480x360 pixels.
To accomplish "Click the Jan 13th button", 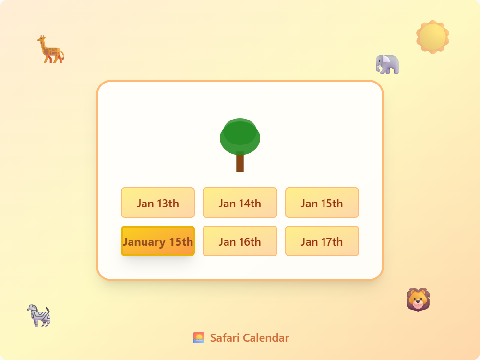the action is tap(158, 203).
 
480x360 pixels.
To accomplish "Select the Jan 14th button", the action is tap(240, 203).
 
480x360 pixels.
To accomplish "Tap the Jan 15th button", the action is tap(322, 203).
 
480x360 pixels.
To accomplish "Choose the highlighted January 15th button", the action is tap(158, 241).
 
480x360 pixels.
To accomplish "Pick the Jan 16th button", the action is tap(240, 241).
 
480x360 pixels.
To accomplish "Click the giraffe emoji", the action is tap(50, 49).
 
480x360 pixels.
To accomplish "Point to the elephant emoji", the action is tap(387, 64).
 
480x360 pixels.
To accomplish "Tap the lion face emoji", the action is tap(418, 300).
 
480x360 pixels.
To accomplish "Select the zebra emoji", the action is tap(38, 316).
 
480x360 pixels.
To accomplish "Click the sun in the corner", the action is tap(432, 37).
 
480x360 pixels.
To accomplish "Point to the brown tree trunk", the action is tap(240, 162).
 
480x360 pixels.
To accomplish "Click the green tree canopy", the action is tap(240, 136).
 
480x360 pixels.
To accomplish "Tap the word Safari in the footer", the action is tap(224, 338).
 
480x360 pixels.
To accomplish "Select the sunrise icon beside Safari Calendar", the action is tap(199, 337).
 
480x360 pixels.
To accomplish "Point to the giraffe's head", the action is tap(41, 38).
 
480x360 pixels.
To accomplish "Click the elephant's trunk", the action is tap(378, 68).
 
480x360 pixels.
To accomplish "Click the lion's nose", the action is tap(418, 302).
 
